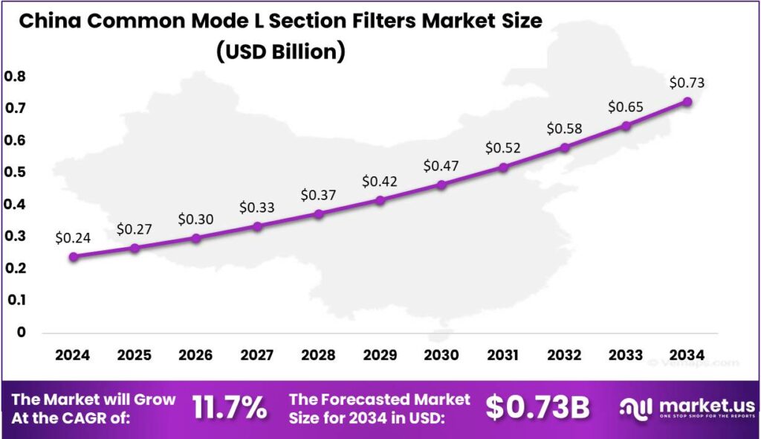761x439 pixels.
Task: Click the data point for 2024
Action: (x=73, y=257)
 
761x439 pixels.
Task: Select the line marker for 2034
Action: (x=687, y=101)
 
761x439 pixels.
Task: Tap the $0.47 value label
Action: (x=441, y=166)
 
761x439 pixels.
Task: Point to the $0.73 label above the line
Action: (x=687, y=83)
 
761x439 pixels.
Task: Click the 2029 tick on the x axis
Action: (x=380, y=355)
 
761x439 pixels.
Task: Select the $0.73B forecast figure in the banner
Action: (x=538, y=408)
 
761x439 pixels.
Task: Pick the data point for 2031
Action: (x=503, y=167)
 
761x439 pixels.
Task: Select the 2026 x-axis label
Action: (x=195, y=355)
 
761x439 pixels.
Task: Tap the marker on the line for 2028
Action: (x=319, y=214)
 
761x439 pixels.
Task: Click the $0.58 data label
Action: (x=564, y=129)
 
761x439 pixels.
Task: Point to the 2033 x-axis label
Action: (x=626, y=355)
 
